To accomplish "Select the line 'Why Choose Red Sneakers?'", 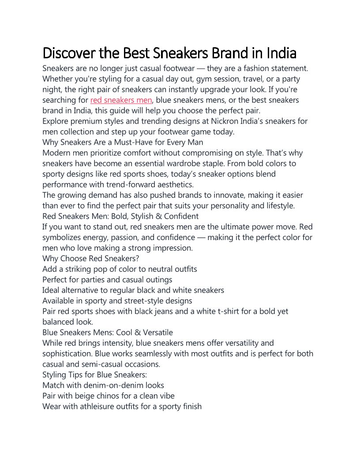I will [90, 259].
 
